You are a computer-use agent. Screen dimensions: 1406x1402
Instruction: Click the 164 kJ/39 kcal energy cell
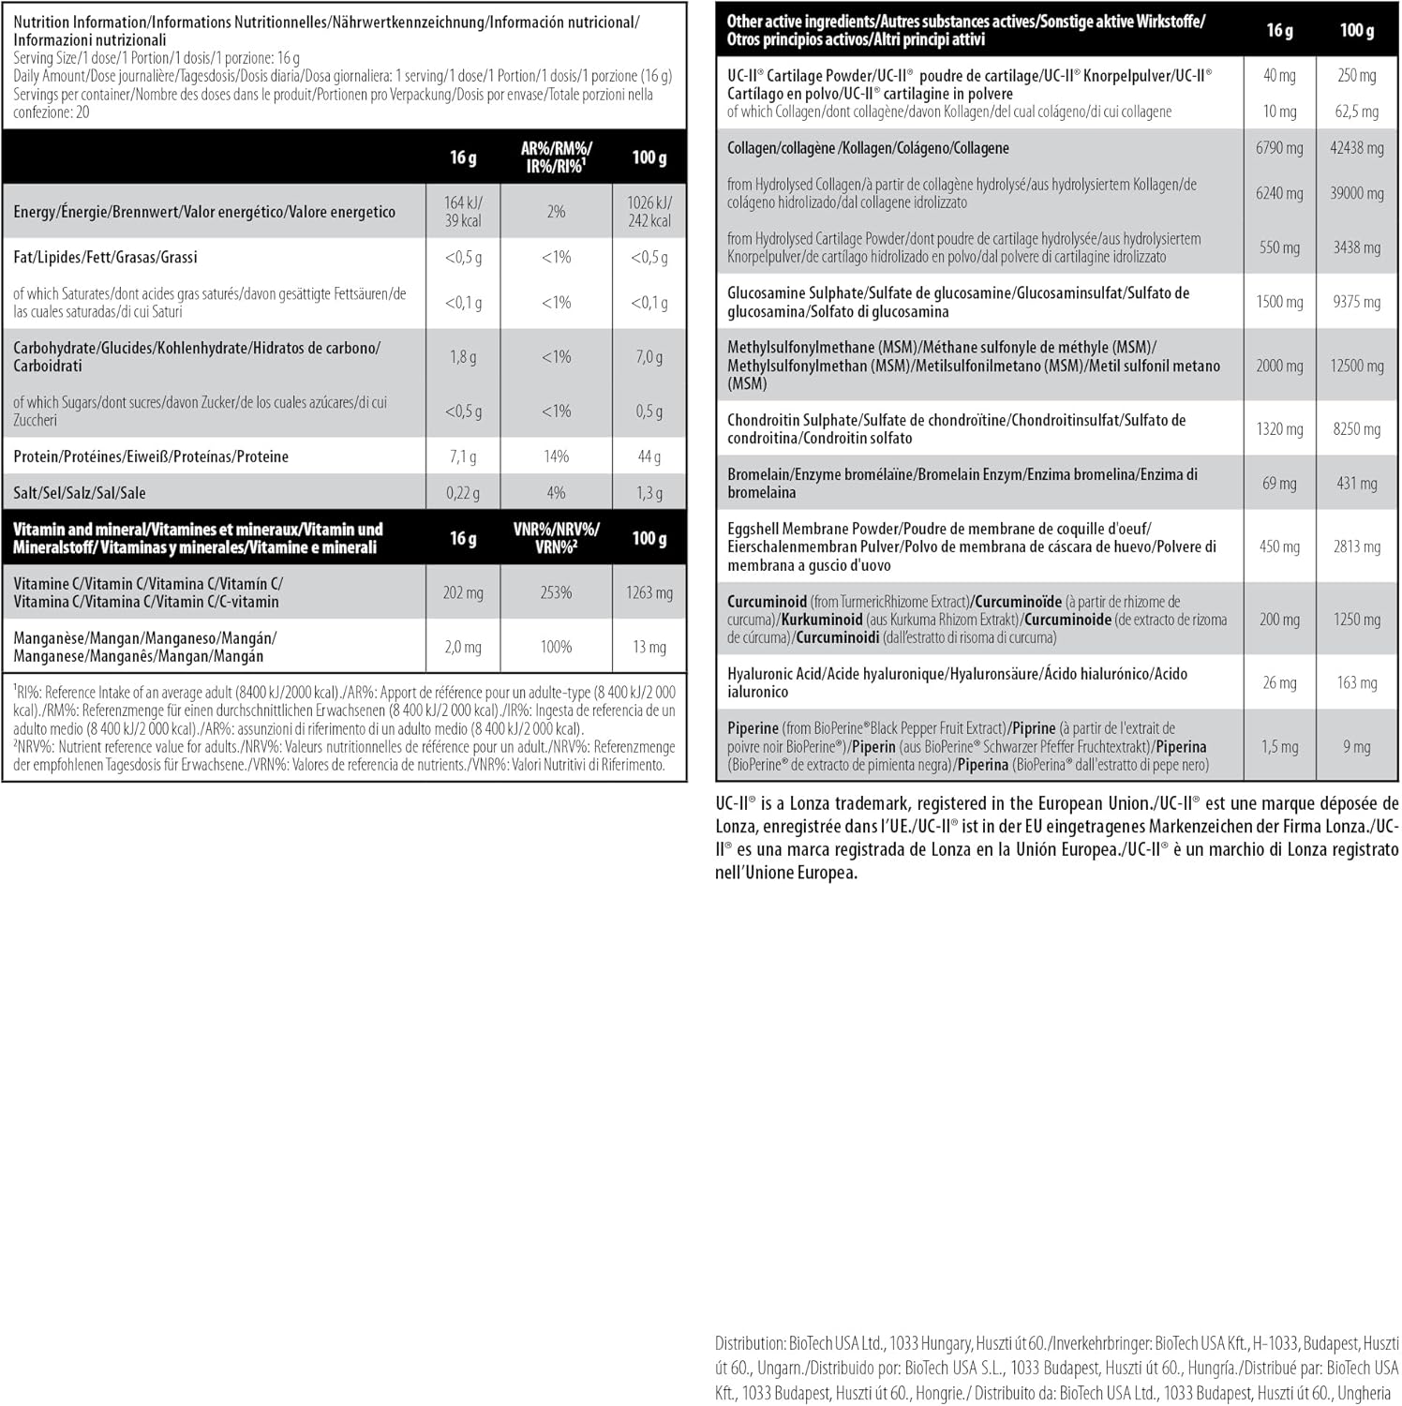tap(463, 212)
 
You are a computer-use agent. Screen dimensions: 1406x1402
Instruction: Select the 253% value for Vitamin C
tap(556, 592)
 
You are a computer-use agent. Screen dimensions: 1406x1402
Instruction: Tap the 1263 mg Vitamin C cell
tap(649, 592)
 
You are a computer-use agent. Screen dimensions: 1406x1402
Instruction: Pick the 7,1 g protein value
tap(463, 456)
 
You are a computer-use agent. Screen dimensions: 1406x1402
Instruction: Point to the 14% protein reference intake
tap(556, 456)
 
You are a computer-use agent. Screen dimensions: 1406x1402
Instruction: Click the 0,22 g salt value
tap(463, 493)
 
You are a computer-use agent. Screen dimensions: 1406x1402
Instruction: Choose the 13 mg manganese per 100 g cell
tap(649, 647)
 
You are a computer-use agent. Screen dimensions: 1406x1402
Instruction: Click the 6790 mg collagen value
tap(1279, 148)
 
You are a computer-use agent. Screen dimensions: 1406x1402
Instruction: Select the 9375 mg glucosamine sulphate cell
tap(1357, 302)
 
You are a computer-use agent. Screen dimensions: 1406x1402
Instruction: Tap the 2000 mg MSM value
tap(1279, 366)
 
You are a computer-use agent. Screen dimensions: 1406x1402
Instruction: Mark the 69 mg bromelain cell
tap(1279, 484)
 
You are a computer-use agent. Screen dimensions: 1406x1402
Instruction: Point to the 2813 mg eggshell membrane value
tap(1357, 546)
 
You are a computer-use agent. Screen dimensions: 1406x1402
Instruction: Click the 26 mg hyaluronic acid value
tap(1279, 682)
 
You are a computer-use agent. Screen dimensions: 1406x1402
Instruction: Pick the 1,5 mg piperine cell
tap(1279, 747)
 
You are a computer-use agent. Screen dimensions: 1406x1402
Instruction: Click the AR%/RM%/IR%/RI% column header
tap(556, 157)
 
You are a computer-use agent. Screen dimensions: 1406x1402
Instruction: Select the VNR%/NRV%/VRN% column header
tap(556, 538)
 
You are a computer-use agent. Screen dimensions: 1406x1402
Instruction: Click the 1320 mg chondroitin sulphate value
tap(1279, 429)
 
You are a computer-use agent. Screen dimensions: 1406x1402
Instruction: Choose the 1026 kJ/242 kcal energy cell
tap(649, 212)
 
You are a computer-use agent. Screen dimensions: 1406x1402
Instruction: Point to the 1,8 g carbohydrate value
tap(463, 357)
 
